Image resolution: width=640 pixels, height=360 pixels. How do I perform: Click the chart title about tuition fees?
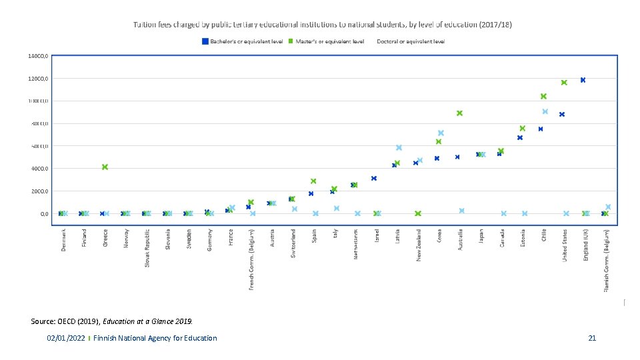click(322, 24)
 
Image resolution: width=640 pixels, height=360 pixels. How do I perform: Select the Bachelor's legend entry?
click(243, 41)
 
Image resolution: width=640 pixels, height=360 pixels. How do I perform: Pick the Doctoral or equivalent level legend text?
click(411, 41)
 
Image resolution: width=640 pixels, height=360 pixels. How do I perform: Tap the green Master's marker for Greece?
click(105, 167)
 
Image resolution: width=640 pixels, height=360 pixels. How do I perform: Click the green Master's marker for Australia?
click(459, 113)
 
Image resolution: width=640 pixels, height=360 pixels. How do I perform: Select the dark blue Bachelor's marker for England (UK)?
click(583, 80)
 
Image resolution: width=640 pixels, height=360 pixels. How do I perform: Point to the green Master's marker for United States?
click(564, 83)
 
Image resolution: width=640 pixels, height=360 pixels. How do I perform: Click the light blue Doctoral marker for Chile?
click(545, 111)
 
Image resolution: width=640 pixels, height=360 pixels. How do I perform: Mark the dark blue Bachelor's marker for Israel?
click(374, 179)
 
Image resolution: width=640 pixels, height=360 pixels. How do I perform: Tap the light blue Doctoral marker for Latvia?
click(399, 148)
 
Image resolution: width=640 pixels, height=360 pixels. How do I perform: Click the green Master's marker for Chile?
click(543, 97)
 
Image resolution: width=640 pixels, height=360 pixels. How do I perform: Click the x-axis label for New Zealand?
click(419, 246)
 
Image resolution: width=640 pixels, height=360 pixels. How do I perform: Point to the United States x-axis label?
click(564, 246)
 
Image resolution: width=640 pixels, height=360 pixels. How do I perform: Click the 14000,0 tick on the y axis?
click(38, 56)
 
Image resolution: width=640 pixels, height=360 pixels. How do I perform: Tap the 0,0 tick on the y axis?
click(43, 214)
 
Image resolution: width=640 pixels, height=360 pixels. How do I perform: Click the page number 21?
click(592, 339)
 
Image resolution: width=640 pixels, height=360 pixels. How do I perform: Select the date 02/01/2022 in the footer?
click(65, 339)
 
